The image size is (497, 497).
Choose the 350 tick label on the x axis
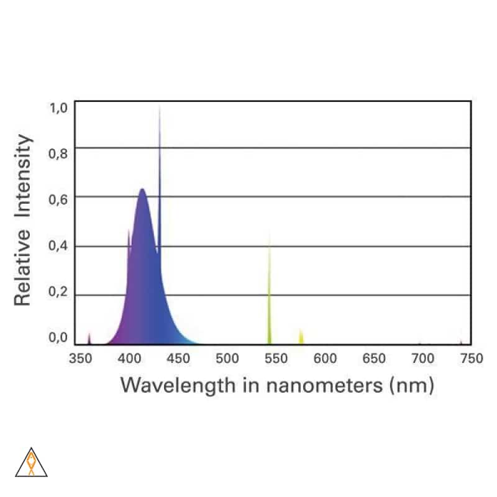[x=81, y=358]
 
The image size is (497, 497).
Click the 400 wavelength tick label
[x=130, y=358]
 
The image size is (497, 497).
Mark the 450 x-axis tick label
[x=178, y=358]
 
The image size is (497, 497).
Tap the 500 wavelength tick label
[x=227, y=358]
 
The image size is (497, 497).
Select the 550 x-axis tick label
[x=276, y=358]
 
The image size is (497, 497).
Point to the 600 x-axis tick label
[x=325, y=358]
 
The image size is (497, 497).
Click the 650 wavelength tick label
[x=373, y=358]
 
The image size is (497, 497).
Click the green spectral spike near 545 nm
[x=270, y=292]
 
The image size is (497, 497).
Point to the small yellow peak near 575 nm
[x=301, y=337]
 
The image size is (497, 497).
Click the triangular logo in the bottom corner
[x=31, y=463]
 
